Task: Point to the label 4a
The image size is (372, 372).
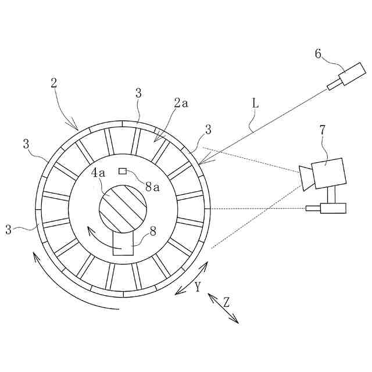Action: coord(100,173)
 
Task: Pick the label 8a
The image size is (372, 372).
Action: coord(153,187)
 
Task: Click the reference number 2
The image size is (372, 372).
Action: coord(54,83)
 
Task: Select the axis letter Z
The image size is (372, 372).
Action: coord(227,302)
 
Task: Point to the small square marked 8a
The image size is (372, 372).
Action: coord(123,171)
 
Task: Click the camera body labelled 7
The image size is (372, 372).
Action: coord(328,173)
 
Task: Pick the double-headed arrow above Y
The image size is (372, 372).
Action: coord(191,279)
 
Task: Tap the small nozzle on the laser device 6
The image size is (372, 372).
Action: coord(334,85)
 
